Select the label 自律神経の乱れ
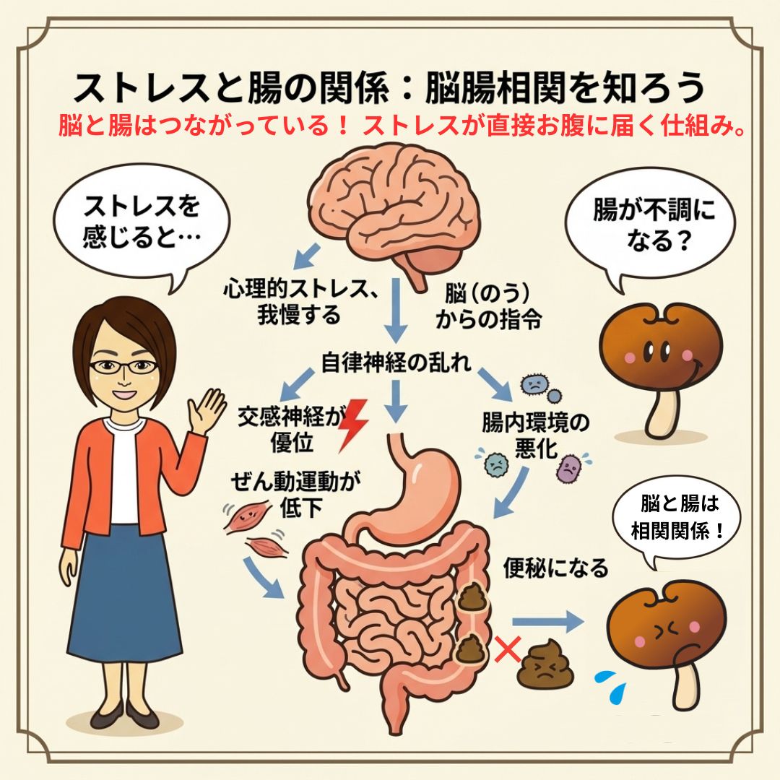(x=396, y=362)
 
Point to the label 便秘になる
(x=555, y=568)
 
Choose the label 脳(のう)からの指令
(x=488, y=307)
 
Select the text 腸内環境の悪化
(x=535, y=435)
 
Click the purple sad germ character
(x=570, y=469)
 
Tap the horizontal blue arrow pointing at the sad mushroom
(x=547, y=621)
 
